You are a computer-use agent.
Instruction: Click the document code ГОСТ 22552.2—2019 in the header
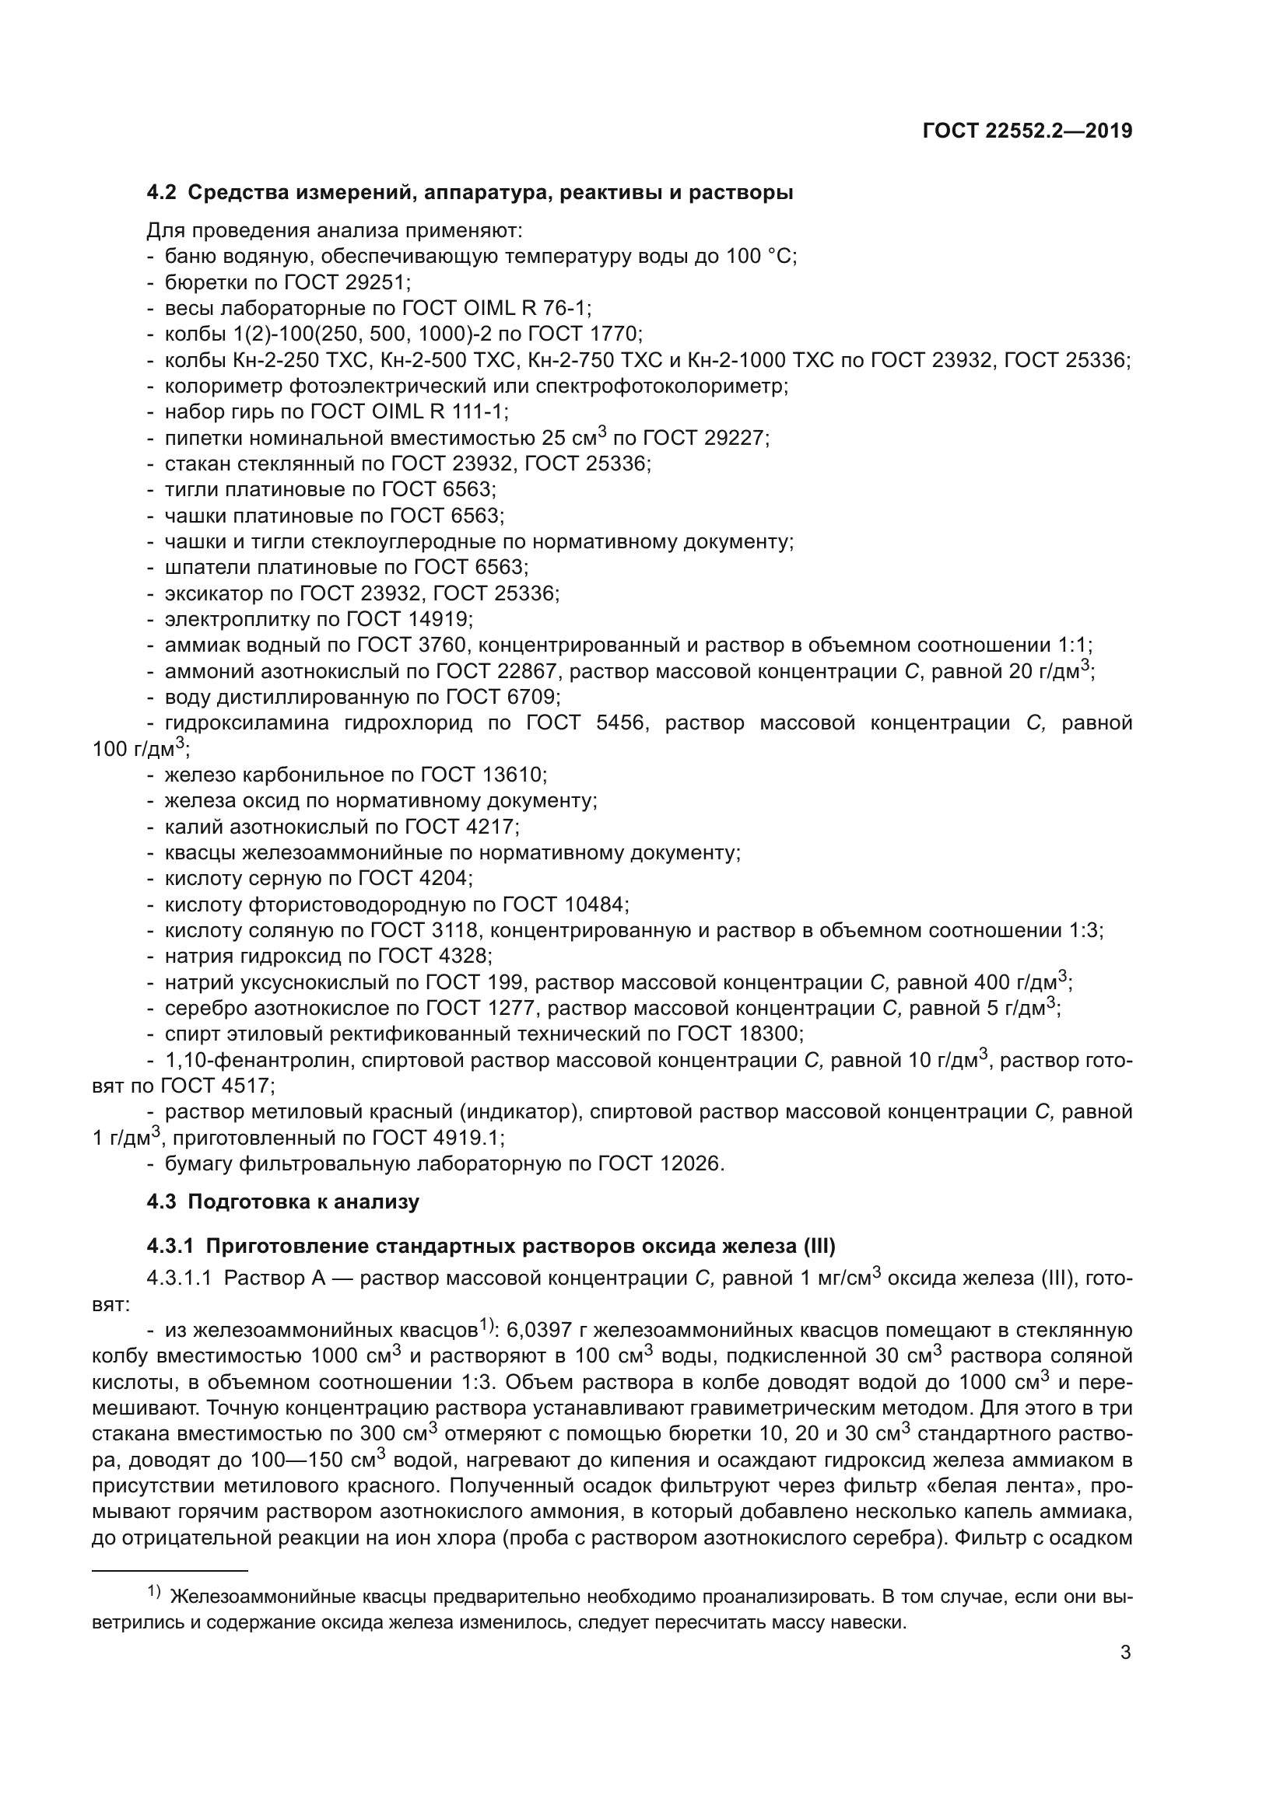pos(1027,131)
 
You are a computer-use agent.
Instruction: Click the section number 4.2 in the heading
pos(162,193)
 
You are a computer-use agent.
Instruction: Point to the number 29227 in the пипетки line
pos(735,438)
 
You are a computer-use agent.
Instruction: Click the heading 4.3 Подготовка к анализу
pos(283,1202)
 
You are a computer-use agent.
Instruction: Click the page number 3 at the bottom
pos(1125,1653)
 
